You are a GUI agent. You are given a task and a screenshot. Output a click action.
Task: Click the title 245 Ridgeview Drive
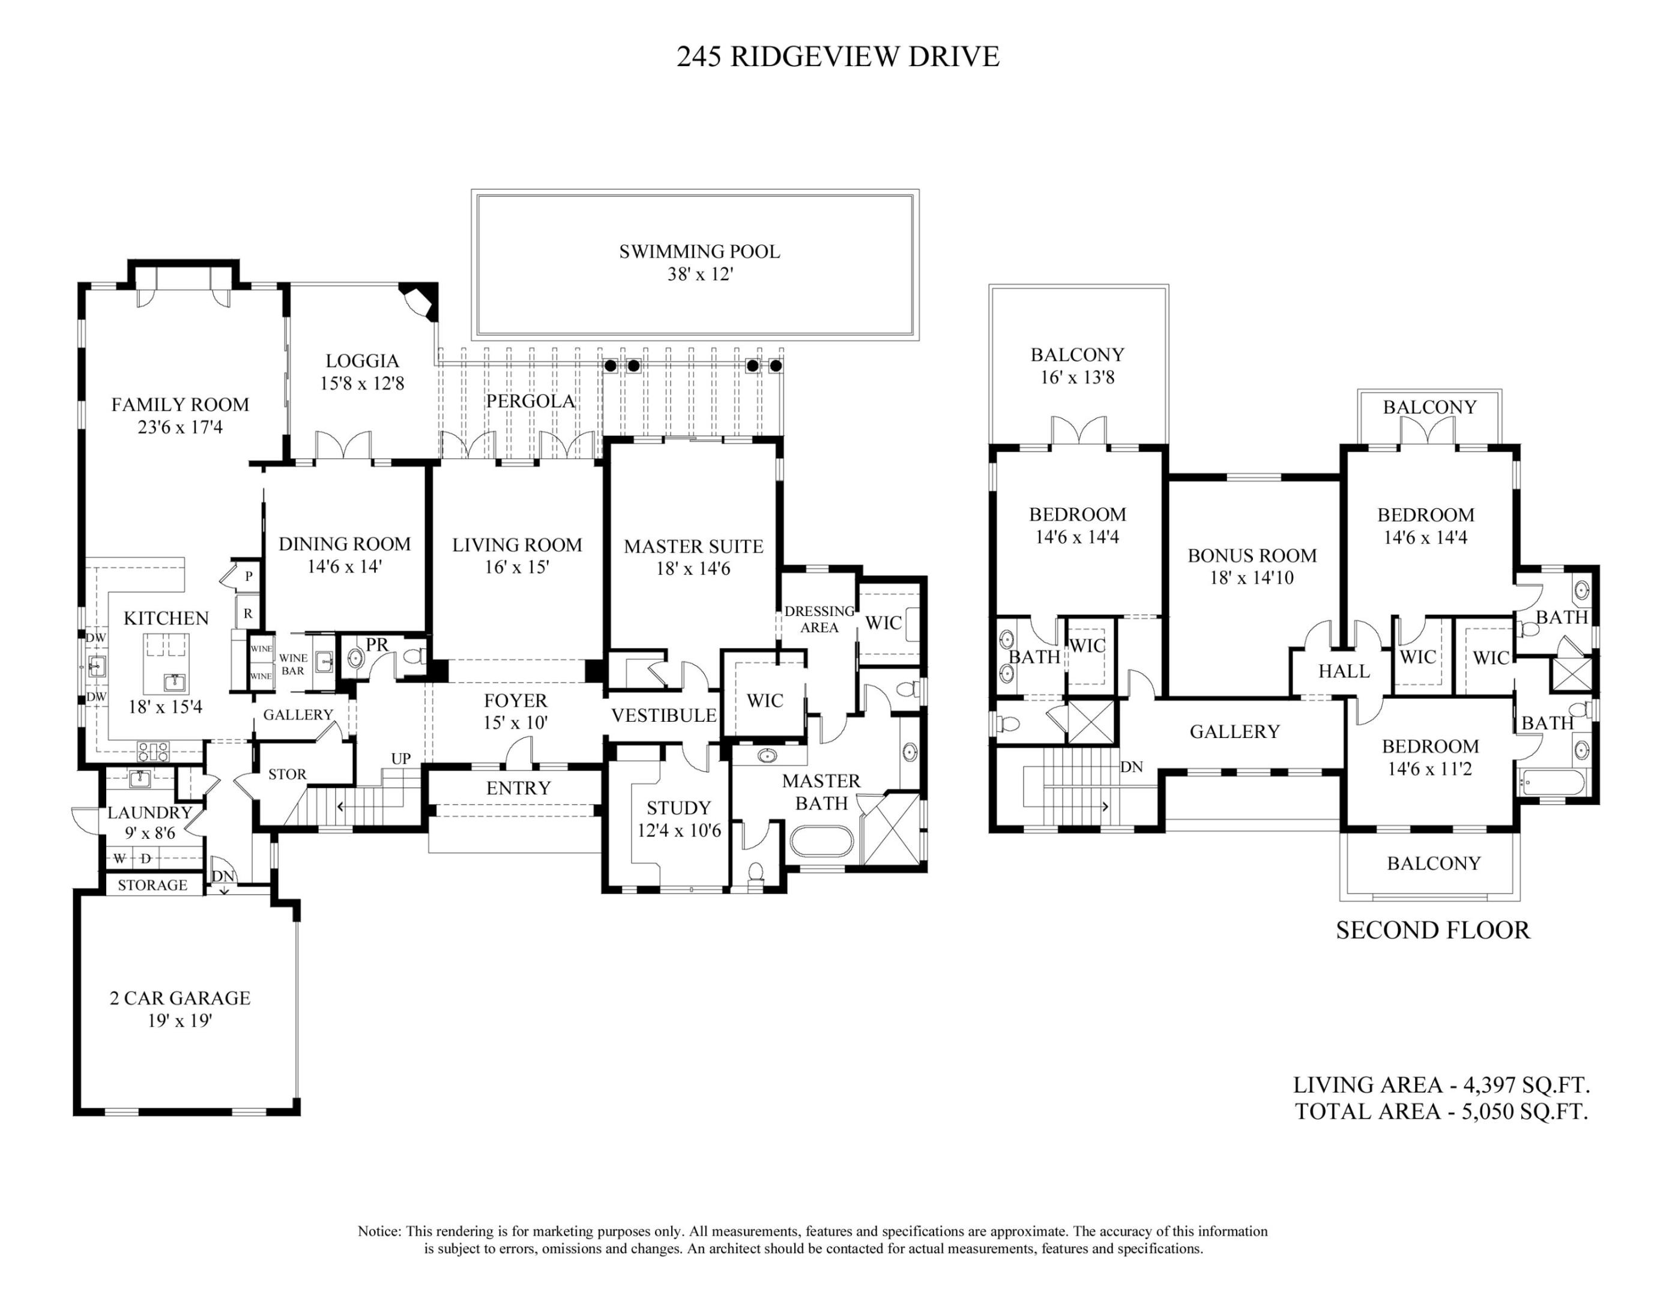(837, 57)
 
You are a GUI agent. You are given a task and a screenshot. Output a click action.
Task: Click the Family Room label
(180, 405)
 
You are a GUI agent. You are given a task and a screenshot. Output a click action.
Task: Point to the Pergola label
(530, 401)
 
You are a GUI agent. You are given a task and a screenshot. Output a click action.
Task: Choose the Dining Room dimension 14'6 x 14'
(344, 567)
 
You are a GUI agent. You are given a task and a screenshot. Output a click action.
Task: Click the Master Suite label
(693, 546)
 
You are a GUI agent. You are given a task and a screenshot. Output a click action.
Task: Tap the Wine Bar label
(293, 665)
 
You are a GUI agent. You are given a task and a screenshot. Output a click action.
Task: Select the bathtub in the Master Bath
(821, 842)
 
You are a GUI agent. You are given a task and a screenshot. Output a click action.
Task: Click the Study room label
(678, 808)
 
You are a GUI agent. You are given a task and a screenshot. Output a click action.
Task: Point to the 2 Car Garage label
(180, 998)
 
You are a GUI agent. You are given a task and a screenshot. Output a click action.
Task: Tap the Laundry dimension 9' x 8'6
(150, 833)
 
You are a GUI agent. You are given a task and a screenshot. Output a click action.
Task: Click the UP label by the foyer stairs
(401, 759)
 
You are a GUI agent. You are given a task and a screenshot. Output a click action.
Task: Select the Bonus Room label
(1252, 555)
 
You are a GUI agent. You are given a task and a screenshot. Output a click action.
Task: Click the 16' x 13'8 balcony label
(1077, 377)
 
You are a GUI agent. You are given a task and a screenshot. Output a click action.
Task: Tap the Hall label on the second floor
(1344, 671)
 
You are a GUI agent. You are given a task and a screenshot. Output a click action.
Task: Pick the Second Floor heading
(1432, 931)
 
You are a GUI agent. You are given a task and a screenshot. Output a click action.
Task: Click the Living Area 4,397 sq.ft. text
(1441, 1085)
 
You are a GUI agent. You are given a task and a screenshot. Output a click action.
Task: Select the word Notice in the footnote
(379, 1231)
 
